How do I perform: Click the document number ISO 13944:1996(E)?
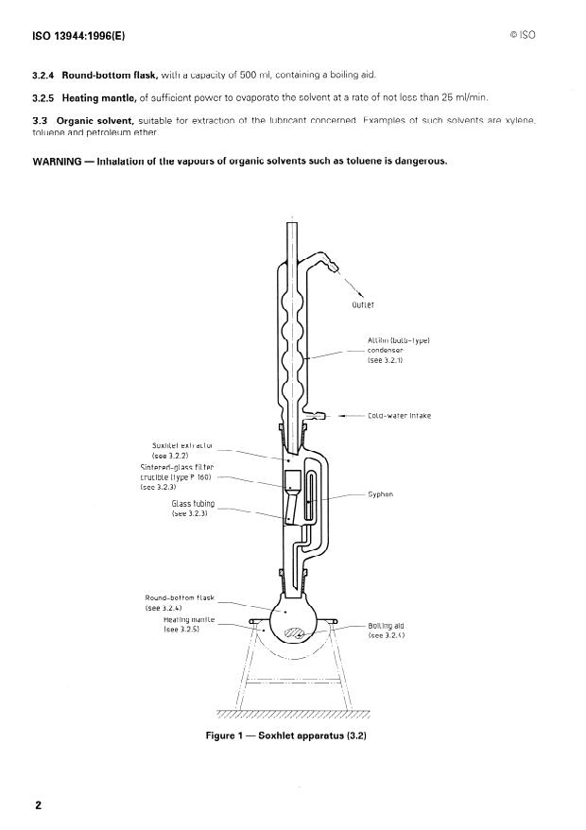pyautogui.click(x=78, y=36)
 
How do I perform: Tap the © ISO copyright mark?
pyautogui.click(x=522, y=36)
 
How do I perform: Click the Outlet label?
pyautogui.click(x=363, y=304)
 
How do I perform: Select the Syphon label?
pyautogui.click(x=380, y=493)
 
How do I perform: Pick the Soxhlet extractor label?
pyautogui.click(x=181, y=450)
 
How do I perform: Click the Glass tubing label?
pyautogui.click(x=190, y=509)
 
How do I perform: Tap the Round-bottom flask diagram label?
pyautogui.click(x=180, y=603)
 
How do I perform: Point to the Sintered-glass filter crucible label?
pyautogui.click(x=177, y=477)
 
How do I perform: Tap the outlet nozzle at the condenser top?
pyautogui.click(x=332, y=266)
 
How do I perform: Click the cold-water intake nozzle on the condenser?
pyautogui.click(x=321, y=415)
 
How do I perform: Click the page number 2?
pyautogui.click(x=39, y=805)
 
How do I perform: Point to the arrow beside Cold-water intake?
pyautogui.click(x=346, y=415)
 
